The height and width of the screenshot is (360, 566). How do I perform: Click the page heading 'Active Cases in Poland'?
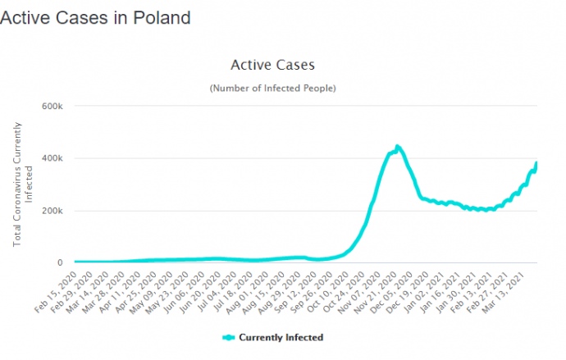[95, 17]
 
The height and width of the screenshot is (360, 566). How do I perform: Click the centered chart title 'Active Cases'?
[273, 64]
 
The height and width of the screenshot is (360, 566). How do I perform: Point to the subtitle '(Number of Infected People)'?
[273, 87]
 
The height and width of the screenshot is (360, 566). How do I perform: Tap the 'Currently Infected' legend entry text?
[281, 337]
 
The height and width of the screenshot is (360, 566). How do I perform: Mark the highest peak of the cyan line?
[397, 147]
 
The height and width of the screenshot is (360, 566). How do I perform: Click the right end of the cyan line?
[536, 163]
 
